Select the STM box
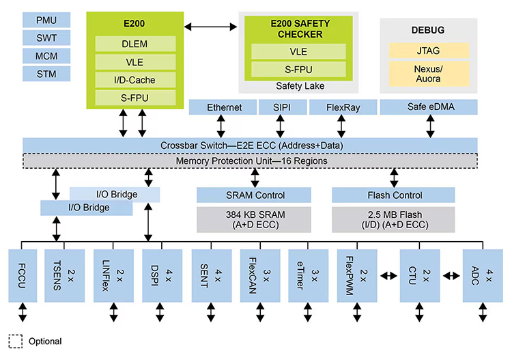tap(46, 74)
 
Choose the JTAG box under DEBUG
tap(429, 51)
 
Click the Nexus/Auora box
tap(429, 73)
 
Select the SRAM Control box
tap(255, 195)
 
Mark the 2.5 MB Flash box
tap(393, 219)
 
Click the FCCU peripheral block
tap(23, 275)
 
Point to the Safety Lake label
tap(299, 86)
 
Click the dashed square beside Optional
tap(15, 341)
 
